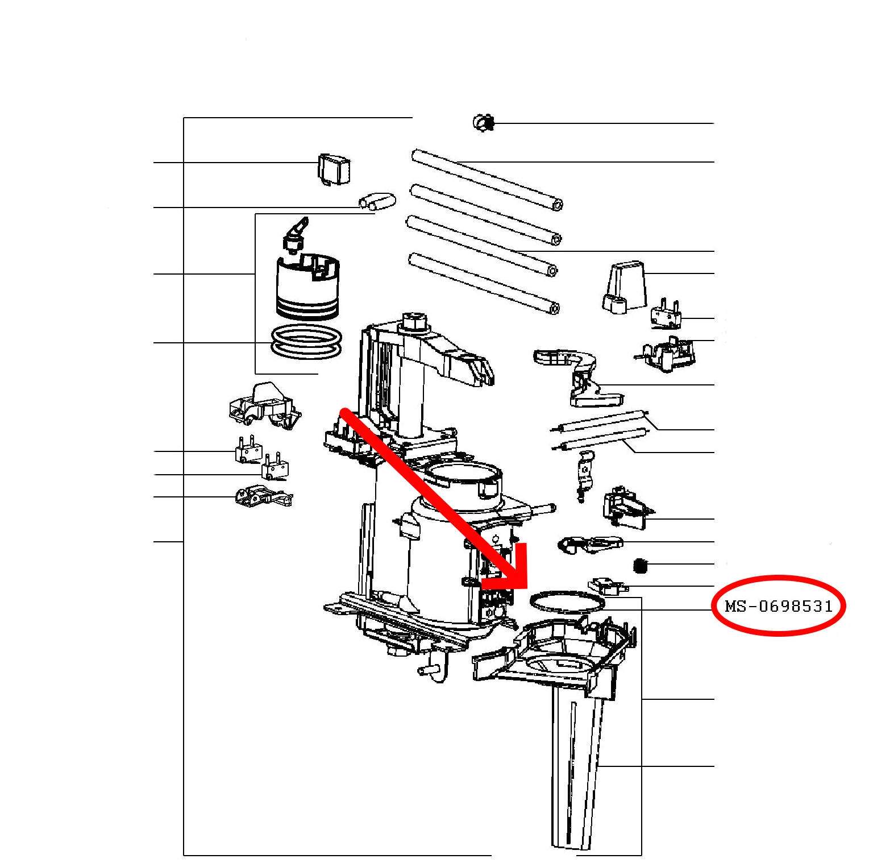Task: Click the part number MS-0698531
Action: [779, 606]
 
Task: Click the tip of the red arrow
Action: [526, 588]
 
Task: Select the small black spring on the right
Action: [641, 566]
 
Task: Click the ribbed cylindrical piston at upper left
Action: [307, 286]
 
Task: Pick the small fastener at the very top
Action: [484, 122]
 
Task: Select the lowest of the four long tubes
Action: [484, 283]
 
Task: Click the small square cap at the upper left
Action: [334, 169]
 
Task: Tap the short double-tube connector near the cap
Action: [377, 201]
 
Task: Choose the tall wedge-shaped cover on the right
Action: [623, 287]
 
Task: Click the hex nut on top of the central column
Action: [414, 321]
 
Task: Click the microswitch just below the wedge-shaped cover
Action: [665, 314]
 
